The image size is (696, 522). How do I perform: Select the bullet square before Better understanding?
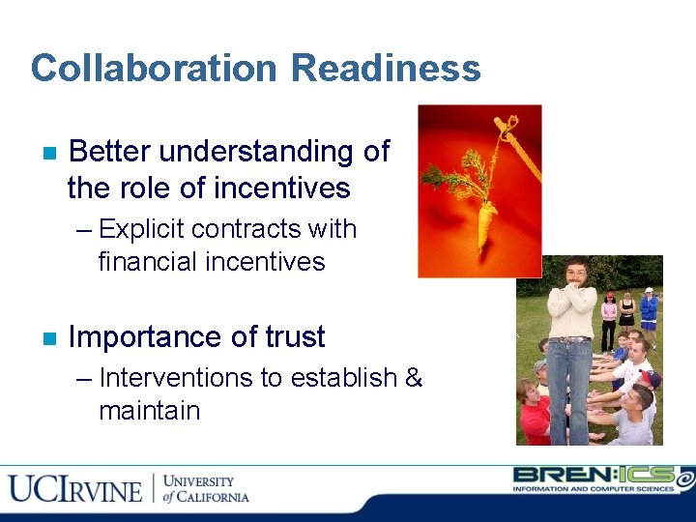coord(48,154)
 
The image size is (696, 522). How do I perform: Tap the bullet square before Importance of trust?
coord(48,339)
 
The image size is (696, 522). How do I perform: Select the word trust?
coord(294,337)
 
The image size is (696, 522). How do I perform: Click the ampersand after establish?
coord(413,377)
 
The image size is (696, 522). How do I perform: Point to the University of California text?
coord(205,488)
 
